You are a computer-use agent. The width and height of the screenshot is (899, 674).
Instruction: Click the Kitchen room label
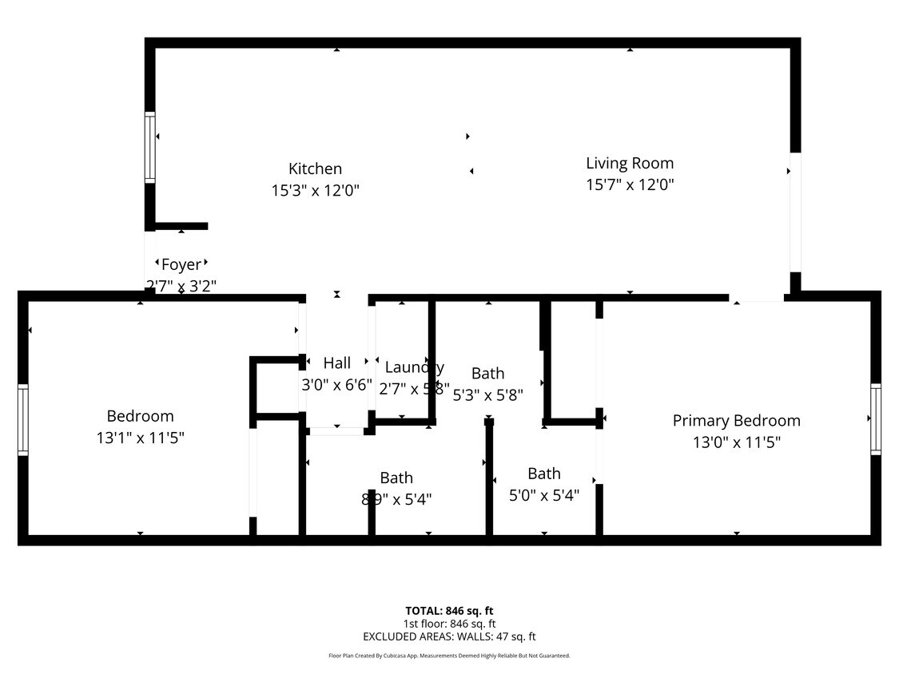click(x=315, y=168)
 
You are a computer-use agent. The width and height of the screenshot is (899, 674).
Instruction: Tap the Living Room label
click(x=630, y=163)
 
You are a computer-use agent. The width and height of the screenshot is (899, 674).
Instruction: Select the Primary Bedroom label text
click(x=736, y=420)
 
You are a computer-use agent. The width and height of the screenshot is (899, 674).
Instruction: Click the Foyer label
click(x=181, y=264)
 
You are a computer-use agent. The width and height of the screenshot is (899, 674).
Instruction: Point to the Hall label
click(x=336, y=363)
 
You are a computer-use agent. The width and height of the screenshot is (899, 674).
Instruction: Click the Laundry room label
click(x=414, y=367)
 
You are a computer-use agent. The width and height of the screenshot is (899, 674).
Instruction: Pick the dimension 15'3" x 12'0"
click(x=315, y=191)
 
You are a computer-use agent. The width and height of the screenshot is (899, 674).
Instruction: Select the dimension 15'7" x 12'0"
click(x=630, y=184)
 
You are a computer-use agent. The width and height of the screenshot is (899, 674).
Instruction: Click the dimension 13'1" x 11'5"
click(x=141, y=438)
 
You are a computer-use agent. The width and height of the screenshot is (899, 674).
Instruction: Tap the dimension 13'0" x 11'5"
click(x=736, y=442)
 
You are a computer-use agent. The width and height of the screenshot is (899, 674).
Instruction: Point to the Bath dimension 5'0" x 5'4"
click(x=544, y=495)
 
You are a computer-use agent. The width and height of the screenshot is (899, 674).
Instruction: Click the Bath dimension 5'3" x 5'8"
click(x=487, y=394)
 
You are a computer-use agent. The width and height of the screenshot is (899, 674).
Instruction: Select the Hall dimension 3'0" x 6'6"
click(x=336, y=384)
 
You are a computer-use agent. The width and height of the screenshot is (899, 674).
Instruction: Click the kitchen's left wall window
click(x=149, y=147)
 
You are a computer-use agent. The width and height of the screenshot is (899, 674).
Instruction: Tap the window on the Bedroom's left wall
click(x=22, y=420)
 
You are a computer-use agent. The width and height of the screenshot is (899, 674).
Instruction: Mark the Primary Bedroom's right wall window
click(x=876, y=420)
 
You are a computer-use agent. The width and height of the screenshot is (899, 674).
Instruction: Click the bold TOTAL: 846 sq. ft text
click(x=449, y=611)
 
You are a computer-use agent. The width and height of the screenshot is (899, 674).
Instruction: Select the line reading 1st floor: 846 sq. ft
click(x=449, y=624)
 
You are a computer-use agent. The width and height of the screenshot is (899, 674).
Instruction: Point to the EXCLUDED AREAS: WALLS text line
click(x=449, y=636)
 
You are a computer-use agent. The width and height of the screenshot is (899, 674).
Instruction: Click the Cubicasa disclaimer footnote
click(x=449, y=656)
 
